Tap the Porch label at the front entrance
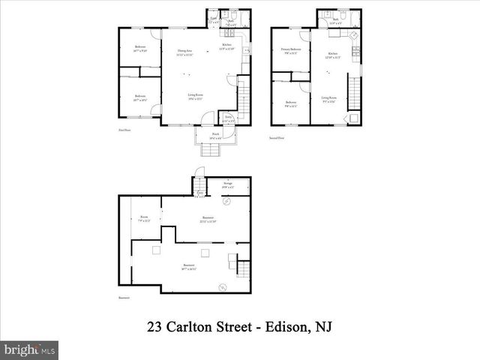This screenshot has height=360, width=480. [215, 137]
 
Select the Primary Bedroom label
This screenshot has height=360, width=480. [291, 50]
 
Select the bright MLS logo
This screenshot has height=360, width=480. [30, 349]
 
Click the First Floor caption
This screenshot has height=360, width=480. [124, 129]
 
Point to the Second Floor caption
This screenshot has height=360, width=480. [277, 138]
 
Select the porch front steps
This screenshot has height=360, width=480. [213, 152]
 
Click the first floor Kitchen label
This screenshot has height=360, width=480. [226, 46]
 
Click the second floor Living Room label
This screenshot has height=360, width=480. [329, 98]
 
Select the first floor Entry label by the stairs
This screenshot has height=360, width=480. [228, 118]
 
